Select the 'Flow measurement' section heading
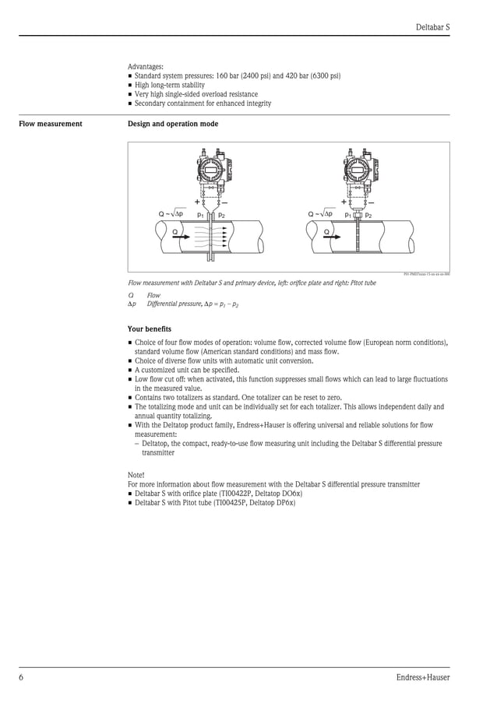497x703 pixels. (x=51, y=124)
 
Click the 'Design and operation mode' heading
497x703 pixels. (x=173, y=124)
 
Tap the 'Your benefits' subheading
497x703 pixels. (x=150, y=329)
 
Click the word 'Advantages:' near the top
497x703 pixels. (x=146, y=66)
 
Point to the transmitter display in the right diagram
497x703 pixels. (x=358, y=169)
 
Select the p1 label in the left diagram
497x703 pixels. (x=200, y=215)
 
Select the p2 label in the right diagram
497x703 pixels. (x=368, y=215)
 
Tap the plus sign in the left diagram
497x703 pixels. (x=196, y=202)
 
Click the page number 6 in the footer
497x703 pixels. (x=22, y=677)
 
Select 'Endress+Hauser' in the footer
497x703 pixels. (x=422, y=677)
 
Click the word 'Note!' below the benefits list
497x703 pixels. (x=136, y=474)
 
